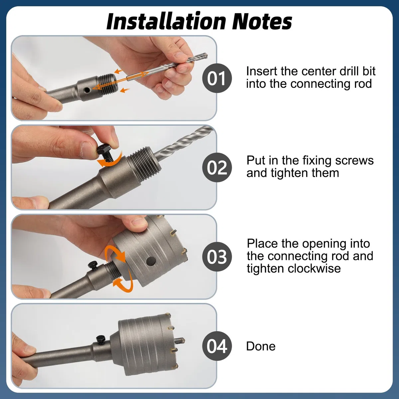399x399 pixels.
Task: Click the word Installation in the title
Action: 166,21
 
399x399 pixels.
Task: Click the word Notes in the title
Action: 262,21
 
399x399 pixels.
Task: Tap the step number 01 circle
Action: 217,78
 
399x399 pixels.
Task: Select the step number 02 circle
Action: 217,167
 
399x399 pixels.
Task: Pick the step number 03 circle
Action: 217,257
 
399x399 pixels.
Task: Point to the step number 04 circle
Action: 217,346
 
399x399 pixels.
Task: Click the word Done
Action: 261,346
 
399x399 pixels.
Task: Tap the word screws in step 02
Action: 354,161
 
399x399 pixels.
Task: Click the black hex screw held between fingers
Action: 105,153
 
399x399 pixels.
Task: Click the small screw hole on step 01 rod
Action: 87,90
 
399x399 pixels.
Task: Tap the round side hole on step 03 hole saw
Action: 151,262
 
